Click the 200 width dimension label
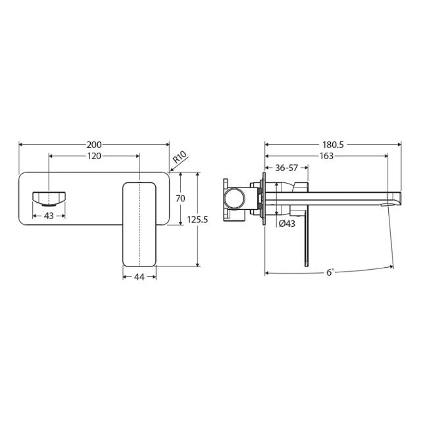pos(94,143)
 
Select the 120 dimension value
pos(94,156)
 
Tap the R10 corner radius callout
pos(180,159)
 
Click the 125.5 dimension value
pos(197,220)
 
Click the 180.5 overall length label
pos(332,143)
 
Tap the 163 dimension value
pos(325,156)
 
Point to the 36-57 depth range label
pos(287,168)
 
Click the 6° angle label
pos(330,272)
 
